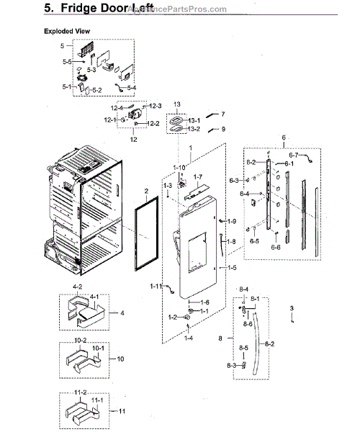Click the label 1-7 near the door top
click(198, 176)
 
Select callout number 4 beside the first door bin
click(122, 313)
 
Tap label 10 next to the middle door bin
click(120, 359)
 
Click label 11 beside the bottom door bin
click(121, 411)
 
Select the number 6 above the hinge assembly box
click(264, 137)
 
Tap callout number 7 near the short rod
click(223, 114)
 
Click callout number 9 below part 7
click(223, 129)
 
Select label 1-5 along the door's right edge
click(233, 267)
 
